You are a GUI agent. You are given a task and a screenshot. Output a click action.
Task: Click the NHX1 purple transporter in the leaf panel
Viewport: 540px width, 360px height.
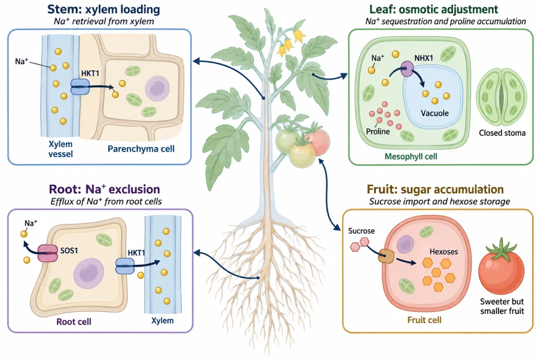point(407,69)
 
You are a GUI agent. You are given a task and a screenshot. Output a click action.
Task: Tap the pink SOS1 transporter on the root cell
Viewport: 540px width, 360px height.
point(48,253)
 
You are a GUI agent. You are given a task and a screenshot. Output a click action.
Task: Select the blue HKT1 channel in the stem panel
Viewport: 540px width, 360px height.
point(80,87)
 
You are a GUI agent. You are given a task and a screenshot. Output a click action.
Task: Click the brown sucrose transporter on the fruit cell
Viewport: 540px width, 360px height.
point(386,256)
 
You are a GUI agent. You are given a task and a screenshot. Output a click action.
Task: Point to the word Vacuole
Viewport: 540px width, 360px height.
point(435,113)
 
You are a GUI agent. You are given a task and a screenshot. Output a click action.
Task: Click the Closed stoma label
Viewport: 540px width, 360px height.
point(502,133)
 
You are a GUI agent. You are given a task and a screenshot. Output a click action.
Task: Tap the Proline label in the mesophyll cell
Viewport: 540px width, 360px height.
point(378,131)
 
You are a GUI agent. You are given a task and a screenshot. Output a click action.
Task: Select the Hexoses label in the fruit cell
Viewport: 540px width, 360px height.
point(444,252)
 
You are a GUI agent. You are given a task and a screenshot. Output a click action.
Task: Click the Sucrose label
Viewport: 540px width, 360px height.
point(361,231)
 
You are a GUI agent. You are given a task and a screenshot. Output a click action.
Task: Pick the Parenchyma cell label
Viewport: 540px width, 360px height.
point(141,149)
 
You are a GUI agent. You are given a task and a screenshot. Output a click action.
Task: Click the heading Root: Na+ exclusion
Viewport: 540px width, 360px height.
point(104,189)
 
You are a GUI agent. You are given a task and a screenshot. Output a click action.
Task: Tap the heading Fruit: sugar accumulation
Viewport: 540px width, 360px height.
point(435,189)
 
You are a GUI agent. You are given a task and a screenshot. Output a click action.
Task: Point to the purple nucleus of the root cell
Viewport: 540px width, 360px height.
point(89,274)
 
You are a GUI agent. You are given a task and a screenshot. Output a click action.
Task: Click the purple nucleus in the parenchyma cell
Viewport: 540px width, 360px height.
point(157,88)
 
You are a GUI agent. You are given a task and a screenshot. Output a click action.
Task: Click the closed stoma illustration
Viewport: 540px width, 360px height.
point(501,97)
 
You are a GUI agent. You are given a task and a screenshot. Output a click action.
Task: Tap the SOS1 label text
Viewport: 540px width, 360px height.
point(69,251)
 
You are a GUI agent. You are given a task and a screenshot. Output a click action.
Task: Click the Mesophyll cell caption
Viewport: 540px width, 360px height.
point(411,157)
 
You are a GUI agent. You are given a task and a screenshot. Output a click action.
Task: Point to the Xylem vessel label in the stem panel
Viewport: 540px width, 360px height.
point(60,149)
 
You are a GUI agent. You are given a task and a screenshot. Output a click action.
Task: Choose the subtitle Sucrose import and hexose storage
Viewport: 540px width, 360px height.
point(439,201)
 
